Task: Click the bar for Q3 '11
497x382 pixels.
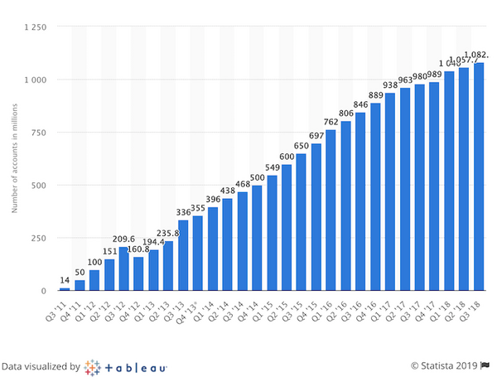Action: (x=65, y=288)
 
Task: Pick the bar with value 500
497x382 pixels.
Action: (x=257, y=238)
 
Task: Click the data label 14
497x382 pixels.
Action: (x=65, y=282)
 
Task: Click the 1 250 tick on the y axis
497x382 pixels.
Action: (x=34, y=27)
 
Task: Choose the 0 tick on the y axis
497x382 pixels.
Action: (x=43, y=291)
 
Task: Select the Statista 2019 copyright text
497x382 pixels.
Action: (x=444, y=365)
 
